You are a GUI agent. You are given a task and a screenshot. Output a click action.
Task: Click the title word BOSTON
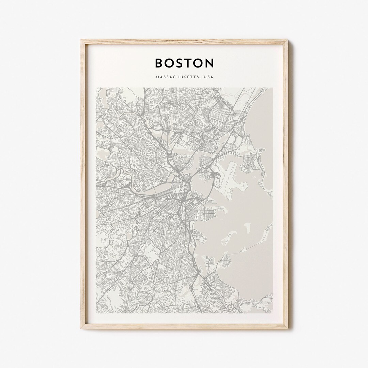(x=184, y=63)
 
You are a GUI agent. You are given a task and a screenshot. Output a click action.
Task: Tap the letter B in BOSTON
(x=159, y=63)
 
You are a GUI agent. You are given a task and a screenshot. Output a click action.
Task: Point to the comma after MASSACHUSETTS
(x=200, y=78)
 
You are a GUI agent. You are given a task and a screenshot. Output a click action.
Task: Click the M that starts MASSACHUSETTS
(x=157, y=77)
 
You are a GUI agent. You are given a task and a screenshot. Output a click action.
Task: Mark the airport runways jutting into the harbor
(x=232, y=177)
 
